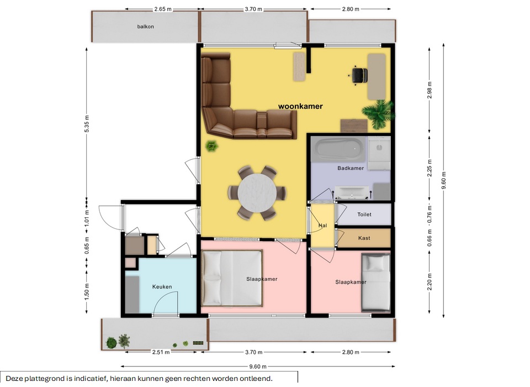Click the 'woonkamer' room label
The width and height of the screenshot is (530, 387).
point(300,106)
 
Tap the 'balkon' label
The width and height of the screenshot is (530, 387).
point(145,27)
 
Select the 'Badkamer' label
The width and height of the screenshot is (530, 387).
point(351,168)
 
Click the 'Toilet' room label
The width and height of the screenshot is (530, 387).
point(364,215)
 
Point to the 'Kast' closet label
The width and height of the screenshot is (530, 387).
point(364,238)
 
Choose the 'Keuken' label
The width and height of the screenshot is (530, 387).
point(162,287)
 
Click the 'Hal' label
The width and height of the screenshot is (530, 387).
point(323,226)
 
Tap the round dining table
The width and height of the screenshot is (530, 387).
point(257,193)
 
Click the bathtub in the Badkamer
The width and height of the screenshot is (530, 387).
point(339,149)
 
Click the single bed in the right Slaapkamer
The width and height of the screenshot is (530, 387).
point(375,283)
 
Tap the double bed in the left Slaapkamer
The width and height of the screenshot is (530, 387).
point(232,278)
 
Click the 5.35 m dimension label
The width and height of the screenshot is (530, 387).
point(87,124)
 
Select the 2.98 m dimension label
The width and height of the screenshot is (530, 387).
point(430,91)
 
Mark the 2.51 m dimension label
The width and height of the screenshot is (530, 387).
point(161,352)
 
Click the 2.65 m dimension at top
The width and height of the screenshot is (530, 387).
point(163,9)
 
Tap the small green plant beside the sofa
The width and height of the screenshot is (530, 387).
point(212,147)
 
